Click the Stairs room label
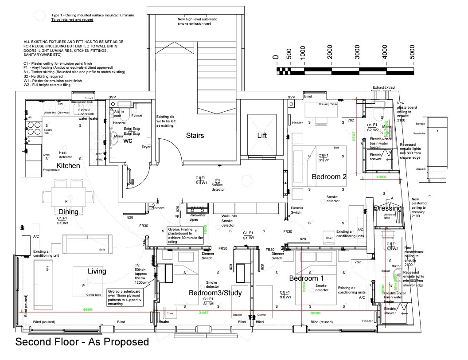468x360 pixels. pyautogui.click(x=195, y=135)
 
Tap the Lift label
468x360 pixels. pyautogui.click(x=262, y=135)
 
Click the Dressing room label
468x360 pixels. pyautogui.click(x=388, y=208)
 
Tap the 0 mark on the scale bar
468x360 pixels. pyautogui.click(x=276, y=56)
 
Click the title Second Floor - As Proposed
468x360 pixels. pyautogui.click(x=82, y=342)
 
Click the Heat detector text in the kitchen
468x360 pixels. pyautogui.click(x=66, y=155)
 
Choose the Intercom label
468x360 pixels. pyautogui.click(x=158, y=207)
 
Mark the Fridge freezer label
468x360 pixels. pyautogui.click(x=51, y=170)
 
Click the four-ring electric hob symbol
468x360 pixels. pyautogui.click(x=34, y=129)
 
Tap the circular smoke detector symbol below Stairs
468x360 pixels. pyautogui.click(x=218, y=181)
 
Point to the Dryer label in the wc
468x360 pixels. pyautogui.click(x=146, y=147)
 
